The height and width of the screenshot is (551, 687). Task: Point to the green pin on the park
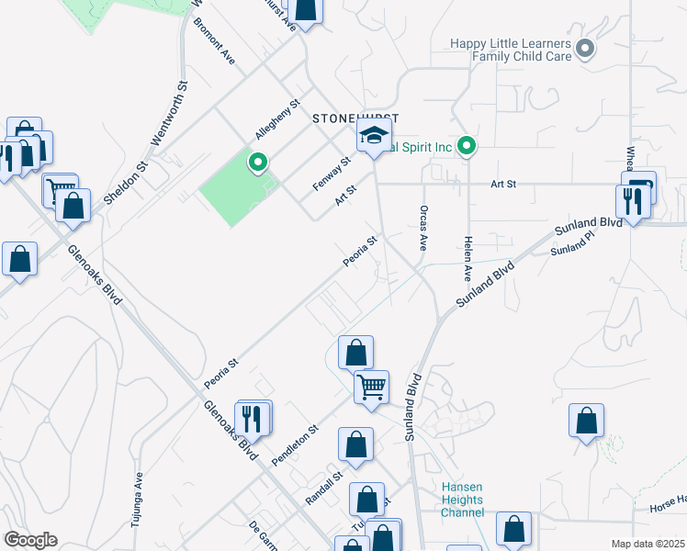(258, 163)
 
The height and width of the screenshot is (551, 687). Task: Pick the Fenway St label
(332, 173)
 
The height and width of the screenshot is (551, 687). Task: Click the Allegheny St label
(278, 119)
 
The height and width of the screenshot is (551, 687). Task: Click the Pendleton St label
(295, 444)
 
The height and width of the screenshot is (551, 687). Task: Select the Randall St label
(323, 488)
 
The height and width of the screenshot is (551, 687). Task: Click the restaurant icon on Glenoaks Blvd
(253, 418)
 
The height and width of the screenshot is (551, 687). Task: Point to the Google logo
(30, 539)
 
